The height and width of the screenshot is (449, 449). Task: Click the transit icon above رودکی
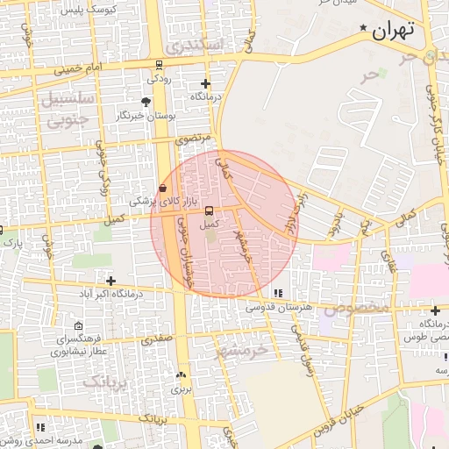[158, 64]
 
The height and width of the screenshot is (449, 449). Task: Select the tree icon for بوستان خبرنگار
[145, 102]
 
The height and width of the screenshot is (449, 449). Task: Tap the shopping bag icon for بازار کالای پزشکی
[162, 189]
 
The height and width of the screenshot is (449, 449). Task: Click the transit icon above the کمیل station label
[208, 210]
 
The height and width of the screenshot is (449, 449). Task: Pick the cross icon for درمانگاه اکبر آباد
[110, 281]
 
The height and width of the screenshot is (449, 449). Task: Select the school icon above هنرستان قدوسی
[278, 294]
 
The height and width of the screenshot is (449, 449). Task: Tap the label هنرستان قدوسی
[277, 307]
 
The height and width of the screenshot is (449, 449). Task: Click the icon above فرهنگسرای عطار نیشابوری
[78, 326]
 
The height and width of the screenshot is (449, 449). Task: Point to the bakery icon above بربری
[182, 374]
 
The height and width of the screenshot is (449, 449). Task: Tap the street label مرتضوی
[193, 139]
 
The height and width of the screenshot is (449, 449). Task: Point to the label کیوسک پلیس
[110, 6]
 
